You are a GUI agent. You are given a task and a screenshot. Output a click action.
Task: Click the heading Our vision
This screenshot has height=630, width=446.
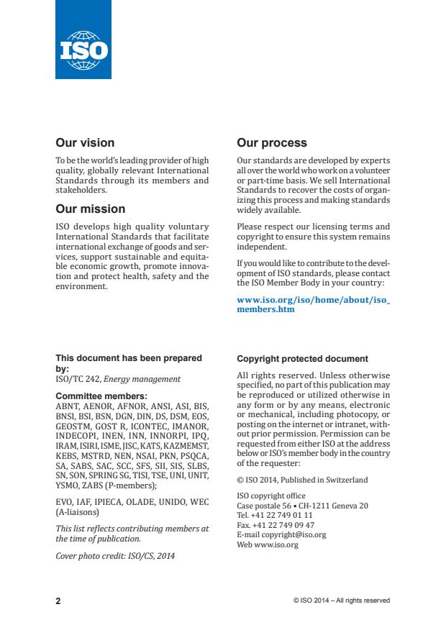coord(85,143)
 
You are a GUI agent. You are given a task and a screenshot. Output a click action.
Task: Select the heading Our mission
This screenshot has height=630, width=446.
coord(91,209)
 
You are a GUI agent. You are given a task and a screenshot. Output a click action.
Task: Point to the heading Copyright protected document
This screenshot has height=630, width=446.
coord(302,359)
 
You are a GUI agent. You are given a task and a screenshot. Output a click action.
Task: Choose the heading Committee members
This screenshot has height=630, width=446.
coord(101,396)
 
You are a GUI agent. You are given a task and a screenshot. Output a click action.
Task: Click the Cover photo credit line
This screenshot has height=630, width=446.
coord(115,555)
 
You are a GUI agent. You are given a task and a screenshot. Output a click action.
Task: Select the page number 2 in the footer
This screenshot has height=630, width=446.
coord(58,601)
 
